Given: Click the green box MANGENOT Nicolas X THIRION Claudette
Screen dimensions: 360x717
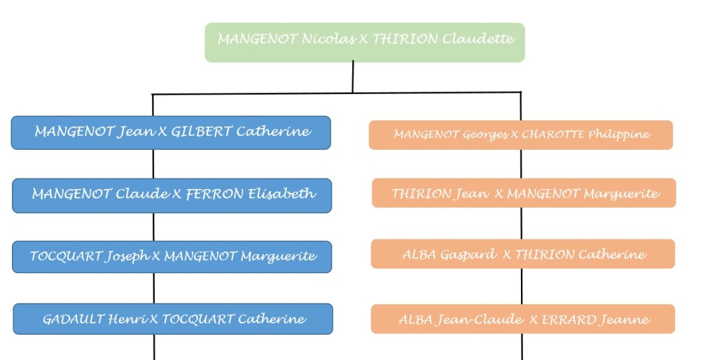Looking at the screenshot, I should [x=364, y=42].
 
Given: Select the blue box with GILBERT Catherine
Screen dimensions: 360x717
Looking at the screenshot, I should [x=171, y=132].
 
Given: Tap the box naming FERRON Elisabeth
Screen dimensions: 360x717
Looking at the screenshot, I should [x=172, y=195].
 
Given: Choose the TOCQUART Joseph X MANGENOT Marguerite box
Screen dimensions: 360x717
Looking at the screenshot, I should [x=172, y=257].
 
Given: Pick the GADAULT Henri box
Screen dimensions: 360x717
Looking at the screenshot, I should [x=173, y=319].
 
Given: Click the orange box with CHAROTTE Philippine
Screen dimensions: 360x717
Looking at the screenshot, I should [x=521, y=135].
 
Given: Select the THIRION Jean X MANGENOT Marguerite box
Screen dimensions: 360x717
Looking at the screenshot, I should [x=524, y=193].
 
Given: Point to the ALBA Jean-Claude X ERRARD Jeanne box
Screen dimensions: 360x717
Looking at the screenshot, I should [x=522, y=319].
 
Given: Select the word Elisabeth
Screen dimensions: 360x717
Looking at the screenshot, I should [x=282, y=194].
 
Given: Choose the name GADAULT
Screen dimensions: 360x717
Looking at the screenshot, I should [x=74, y=319].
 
